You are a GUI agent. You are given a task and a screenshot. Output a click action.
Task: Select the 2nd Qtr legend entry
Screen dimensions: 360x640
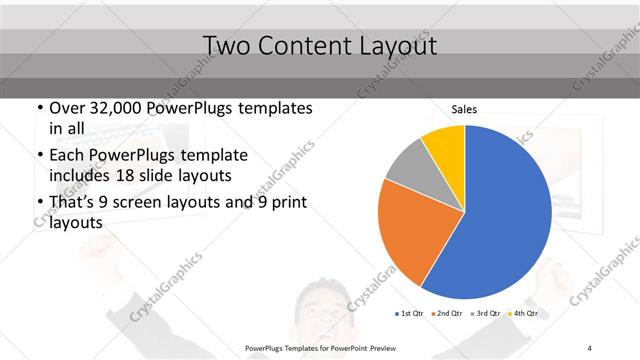(448, 314)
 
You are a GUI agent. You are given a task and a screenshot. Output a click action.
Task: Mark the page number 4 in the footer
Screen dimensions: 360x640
(590, 347)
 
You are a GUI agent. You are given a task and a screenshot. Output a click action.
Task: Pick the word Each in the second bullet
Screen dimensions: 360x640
(66, 156)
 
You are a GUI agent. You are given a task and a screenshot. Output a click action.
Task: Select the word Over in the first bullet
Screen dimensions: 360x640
(67, 108)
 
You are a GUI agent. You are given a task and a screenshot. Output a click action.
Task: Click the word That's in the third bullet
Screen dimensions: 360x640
(73, 203)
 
